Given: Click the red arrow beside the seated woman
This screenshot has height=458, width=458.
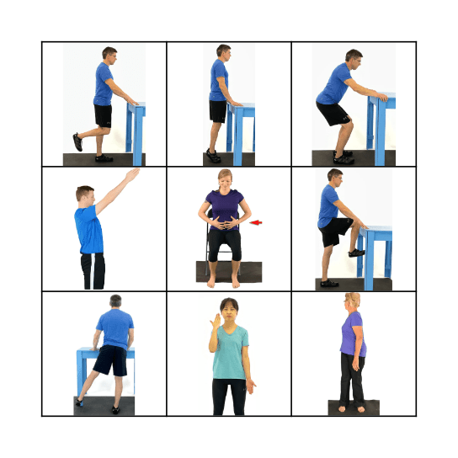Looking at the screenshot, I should pos(257,223).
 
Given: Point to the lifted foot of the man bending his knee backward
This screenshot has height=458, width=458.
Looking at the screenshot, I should pos(77,141).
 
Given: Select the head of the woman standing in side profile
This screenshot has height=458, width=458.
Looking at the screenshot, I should pos(349,303).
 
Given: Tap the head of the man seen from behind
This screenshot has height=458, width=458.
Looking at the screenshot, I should pos(114,301).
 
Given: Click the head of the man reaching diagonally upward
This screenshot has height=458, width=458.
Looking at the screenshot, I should pos(86,196).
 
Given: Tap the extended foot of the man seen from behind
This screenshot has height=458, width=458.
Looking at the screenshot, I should pos(79,402).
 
